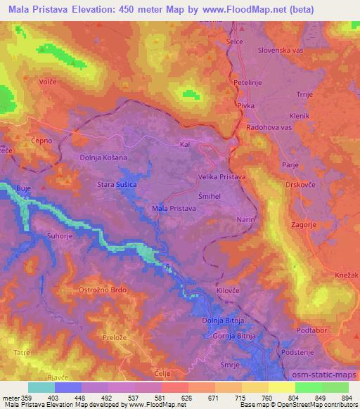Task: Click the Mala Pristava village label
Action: tap(176, 208)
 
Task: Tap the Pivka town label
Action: tap(245, 105)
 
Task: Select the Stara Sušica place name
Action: tap(116, 184)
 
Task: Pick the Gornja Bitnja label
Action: tap(235, 337)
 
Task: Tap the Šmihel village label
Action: tap(210, 196)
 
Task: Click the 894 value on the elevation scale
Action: tap(346, 398)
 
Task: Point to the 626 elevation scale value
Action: tap(187, 398)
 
